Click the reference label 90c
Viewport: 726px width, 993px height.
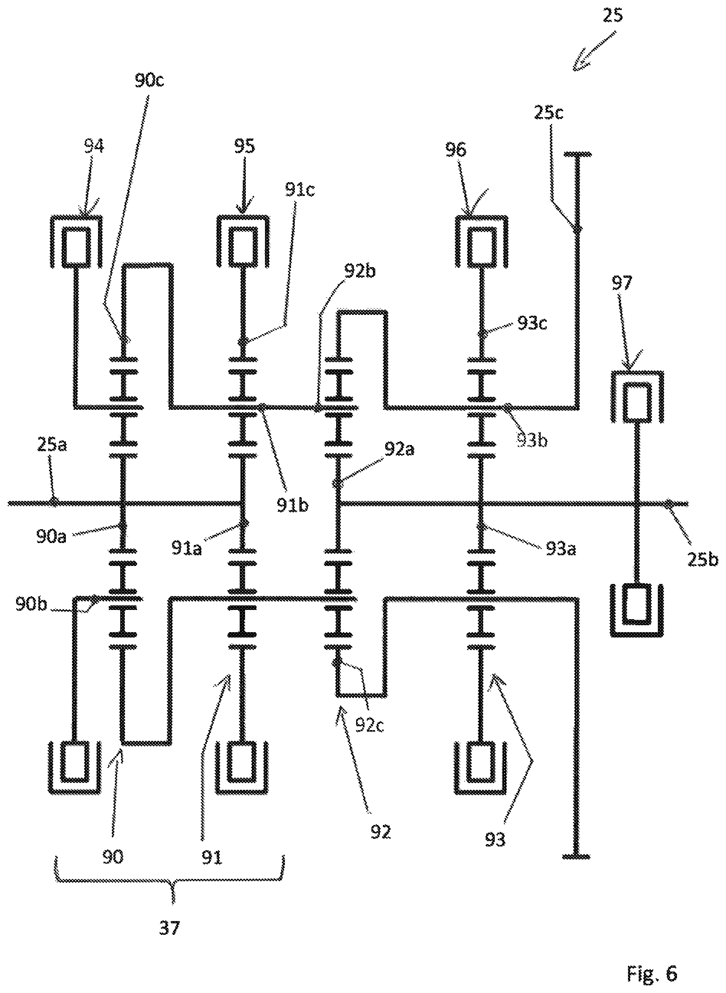coord(149,81)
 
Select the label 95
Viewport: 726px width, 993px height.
coord(244,146)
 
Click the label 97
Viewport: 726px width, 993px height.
coord(621,282)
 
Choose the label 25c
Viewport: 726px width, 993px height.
coord(549,113)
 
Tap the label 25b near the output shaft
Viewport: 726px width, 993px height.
coord(703,559)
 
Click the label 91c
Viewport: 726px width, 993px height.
coord(299,190)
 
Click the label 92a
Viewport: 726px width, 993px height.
coord(399,450)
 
